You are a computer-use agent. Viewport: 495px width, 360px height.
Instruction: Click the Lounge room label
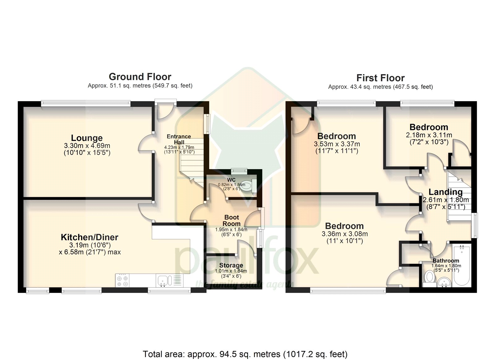(x=87, y=138)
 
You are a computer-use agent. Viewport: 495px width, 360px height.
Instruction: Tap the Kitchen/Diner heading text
(x=89, y=237)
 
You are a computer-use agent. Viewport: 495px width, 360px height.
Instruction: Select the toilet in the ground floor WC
(x=247, y=185)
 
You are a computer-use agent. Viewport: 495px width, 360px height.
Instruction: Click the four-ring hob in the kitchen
(x=123, y=280)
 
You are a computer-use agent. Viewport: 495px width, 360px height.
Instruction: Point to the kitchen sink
(x=165, y=281)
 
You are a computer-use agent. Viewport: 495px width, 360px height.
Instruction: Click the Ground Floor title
(x=140, y=77)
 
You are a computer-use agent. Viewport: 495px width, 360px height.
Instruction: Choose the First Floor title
(x=380, y=78)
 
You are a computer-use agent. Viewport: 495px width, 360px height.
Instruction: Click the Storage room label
(x=231, y=265)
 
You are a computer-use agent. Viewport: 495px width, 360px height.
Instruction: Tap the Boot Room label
(x=232, y=220)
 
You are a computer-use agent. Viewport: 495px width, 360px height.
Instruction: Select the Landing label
(x=445, y=192)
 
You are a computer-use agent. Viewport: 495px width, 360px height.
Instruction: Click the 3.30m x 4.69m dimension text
(x=87, y=146)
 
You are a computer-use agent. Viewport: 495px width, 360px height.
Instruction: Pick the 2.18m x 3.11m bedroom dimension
(x=429, y=135)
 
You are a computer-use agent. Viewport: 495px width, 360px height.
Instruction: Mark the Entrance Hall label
(x=179, y=139)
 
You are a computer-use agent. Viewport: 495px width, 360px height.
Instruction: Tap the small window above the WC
(x=239, y=171)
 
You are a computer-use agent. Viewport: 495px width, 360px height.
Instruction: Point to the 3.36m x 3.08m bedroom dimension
(x=345, y=234)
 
